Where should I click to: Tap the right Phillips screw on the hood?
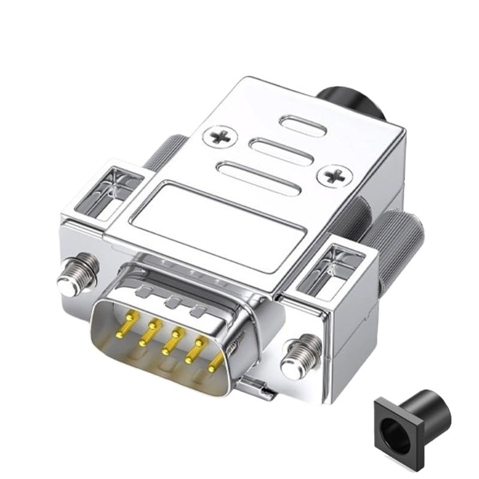click(334, 175)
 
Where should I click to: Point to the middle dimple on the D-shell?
click(174, 302)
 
